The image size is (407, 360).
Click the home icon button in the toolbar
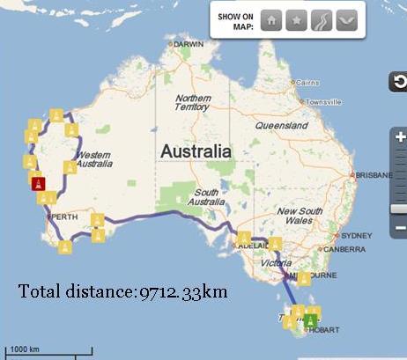point(271,20)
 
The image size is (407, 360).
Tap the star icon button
point(296,20)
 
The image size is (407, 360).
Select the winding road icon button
point(322,20)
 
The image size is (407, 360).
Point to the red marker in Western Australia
point(38,183)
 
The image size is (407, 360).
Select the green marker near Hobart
point(310,320)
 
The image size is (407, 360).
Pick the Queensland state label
point(281,126)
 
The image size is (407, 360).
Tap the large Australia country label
point(196,151)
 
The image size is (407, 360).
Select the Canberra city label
point(344,249)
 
